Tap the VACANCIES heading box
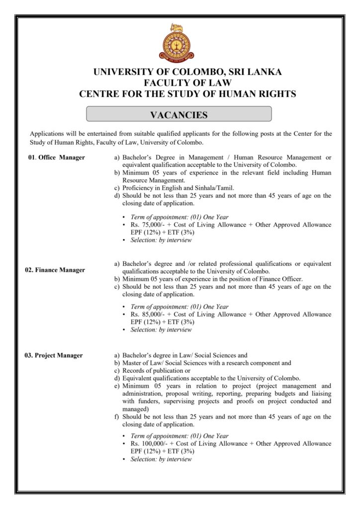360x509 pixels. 179,115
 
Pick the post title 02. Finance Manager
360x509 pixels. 55,270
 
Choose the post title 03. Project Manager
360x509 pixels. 54,355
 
